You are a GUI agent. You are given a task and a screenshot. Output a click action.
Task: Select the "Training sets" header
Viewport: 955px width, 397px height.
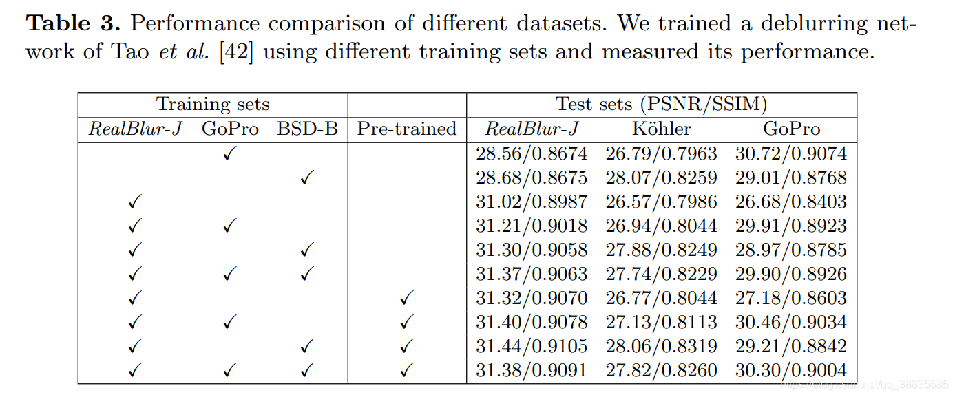213,105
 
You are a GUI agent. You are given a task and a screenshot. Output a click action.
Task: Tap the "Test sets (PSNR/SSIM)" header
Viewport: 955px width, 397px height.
661,105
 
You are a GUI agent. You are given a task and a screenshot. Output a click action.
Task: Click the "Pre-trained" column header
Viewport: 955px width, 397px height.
407,129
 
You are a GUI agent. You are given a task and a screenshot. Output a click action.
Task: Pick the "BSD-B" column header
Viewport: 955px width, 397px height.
308,129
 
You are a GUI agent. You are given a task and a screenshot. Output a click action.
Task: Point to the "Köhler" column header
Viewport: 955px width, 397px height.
661,129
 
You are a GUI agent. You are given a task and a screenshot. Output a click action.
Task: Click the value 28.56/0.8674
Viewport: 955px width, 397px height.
532,153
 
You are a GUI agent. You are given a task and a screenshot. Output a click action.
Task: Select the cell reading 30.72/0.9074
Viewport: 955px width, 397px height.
791,153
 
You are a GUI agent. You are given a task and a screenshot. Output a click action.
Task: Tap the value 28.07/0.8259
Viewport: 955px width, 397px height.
661,178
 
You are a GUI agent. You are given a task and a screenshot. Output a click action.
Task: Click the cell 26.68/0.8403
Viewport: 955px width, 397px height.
791,202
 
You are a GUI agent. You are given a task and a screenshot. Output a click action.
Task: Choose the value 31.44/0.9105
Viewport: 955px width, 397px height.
532,346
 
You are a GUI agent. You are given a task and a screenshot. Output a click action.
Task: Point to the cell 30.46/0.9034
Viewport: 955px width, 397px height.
791,322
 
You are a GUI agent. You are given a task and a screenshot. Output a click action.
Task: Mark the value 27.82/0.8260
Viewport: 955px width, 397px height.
661,370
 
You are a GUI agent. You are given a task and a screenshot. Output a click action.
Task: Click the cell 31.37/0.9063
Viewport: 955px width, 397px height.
532,274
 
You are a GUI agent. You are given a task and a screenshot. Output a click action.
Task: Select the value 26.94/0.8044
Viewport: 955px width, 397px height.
661,226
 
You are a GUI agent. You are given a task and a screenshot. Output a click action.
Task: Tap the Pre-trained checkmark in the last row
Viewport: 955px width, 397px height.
407,371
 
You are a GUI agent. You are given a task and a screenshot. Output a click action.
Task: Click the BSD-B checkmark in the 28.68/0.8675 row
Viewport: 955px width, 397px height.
308,178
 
